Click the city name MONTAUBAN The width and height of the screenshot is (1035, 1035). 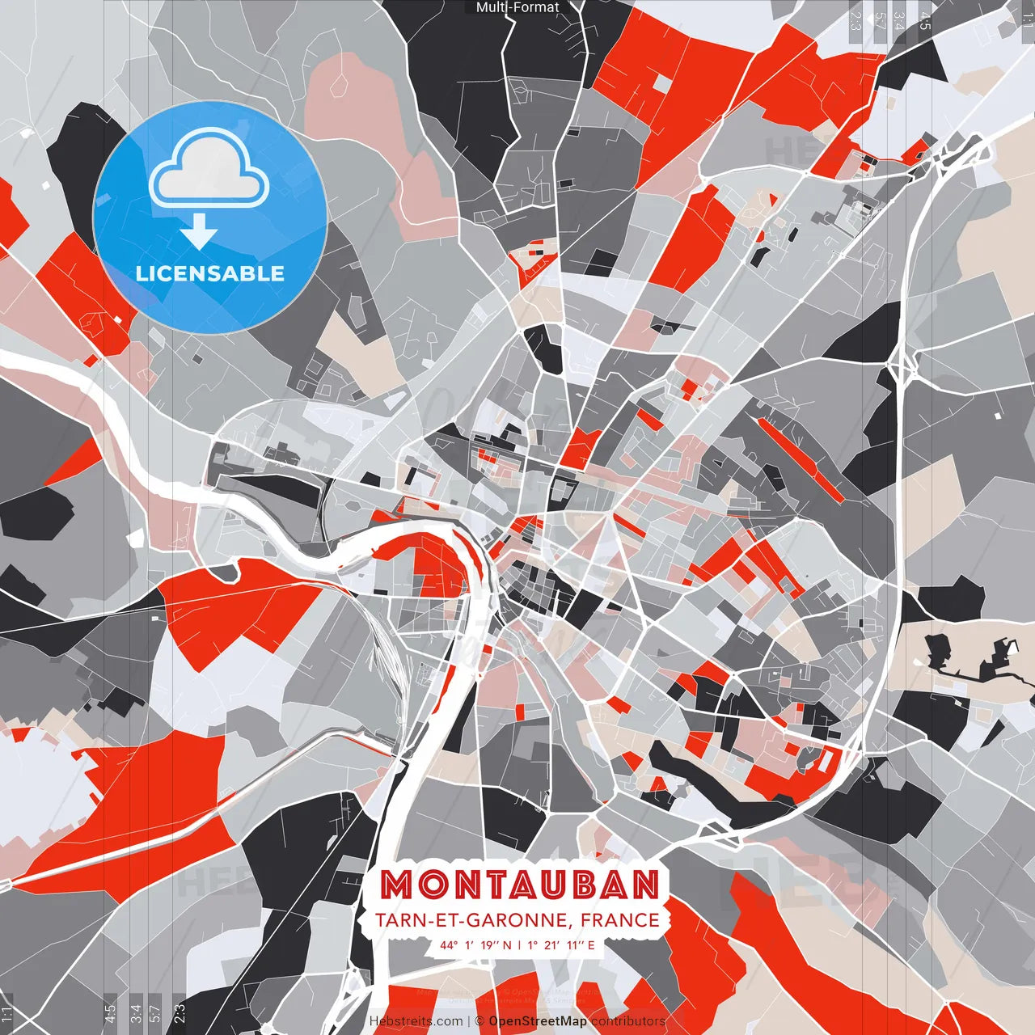(x=519, y=885)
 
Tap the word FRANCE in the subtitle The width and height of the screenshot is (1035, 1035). (x=619, y=920)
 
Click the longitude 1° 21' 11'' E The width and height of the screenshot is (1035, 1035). (x=562, y=944)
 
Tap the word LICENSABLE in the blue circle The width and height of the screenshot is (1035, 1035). (x=210, y=273)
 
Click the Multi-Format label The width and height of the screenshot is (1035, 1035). (x=517, y=7)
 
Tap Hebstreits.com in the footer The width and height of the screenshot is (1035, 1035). (x=416, y=1021)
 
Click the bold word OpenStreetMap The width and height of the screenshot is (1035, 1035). (x=538, y=1021)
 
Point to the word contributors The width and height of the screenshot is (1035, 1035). (x=628, y=1021)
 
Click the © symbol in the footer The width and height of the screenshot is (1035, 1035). (x=479, y=1021)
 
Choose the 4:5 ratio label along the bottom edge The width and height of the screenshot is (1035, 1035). (x=110, y=1011)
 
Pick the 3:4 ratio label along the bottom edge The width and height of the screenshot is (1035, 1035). (x=136, y=1011)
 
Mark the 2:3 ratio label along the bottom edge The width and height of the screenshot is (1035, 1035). (x=180, y=1011)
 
